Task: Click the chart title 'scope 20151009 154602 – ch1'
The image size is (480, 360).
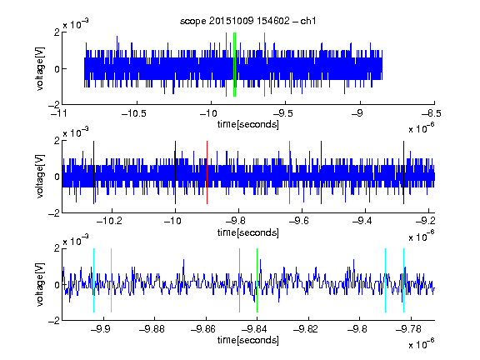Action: pos(247,21)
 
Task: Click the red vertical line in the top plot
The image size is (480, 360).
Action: pos(226,65)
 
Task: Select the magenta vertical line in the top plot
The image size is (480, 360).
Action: pos(264,65)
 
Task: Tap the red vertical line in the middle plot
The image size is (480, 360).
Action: pos(207,172)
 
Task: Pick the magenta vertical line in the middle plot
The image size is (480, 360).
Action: pos(289,172)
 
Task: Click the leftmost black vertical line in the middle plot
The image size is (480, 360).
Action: pos(93,172)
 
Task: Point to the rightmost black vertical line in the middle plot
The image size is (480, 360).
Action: pos(403,172)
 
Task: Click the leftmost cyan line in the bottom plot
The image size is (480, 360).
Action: pos(93,280)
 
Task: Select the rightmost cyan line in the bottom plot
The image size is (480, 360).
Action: pos(403,280)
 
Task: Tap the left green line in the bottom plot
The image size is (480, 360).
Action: pos(239,280)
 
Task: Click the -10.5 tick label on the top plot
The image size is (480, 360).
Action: pos(134,113)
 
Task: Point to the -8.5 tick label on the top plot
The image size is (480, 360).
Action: pos(432,113)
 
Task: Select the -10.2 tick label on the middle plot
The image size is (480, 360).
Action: pos(109,221)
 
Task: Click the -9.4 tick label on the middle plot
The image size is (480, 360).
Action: pos(362,221)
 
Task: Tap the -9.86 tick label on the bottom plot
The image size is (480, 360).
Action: pos(203,329)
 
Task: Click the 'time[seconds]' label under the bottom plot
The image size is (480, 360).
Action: pos(248,340)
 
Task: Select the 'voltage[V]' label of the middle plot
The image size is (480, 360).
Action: pos(40,176)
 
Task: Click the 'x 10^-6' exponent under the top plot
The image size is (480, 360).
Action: pos(422,128)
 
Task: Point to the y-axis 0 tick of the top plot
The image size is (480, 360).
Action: pos(57,69)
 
